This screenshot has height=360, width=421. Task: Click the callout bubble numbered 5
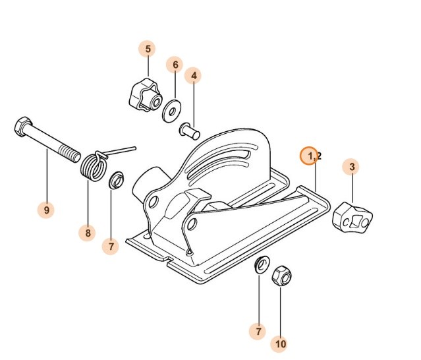(148, 49)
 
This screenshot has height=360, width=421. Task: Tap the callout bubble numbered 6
(175, 65)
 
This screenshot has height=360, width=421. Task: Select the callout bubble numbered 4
(194, 76)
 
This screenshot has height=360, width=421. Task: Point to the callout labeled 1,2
(310, 156)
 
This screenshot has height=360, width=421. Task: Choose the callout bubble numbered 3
(352, 167)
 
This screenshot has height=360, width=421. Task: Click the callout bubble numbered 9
(47, 210)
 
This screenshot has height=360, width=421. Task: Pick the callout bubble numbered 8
(87, 232)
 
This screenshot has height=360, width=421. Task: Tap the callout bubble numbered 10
(281, 344)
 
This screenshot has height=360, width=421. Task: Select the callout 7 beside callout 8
(111, 247)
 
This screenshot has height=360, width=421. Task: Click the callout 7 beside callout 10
(258, 330)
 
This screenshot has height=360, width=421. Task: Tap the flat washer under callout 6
(173, 109)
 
